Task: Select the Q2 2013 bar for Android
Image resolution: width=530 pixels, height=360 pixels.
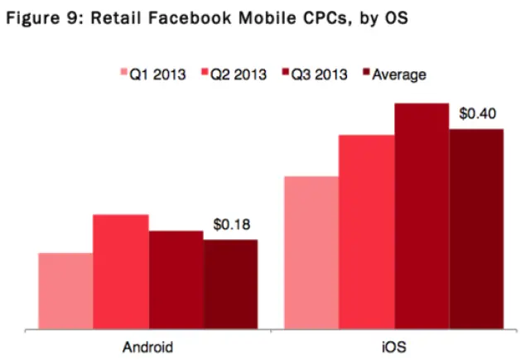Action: point(121,271)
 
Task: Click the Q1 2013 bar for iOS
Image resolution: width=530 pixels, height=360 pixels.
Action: point(311,252)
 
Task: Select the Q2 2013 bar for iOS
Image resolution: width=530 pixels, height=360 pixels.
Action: point(366,231)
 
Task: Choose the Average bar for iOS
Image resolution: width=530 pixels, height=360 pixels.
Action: point(476,228)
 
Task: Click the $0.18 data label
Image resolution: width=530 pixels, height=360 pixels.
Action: point(232,224)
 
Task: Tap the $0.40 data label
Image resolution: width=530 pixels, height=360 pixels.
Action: point(478,113)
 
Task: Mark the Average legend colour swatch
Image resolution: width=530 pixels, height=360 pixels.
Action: point(366,74)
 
